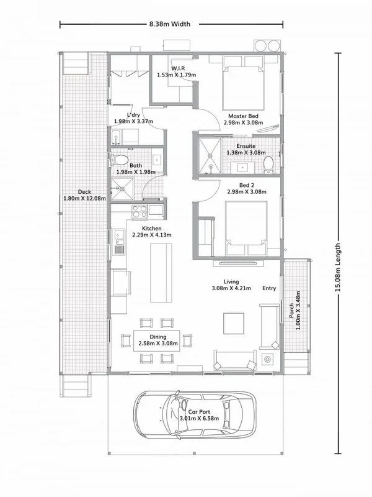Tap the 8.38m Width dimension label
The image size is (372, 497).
coord(169,24)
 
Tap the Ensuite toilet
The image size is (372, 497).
coord(268,163)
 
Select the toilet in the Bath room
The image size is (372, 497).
coord(119,161)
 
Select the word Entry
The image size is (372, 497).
coord(269,288)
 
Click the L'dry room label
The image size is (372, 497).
coord(133,114)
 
